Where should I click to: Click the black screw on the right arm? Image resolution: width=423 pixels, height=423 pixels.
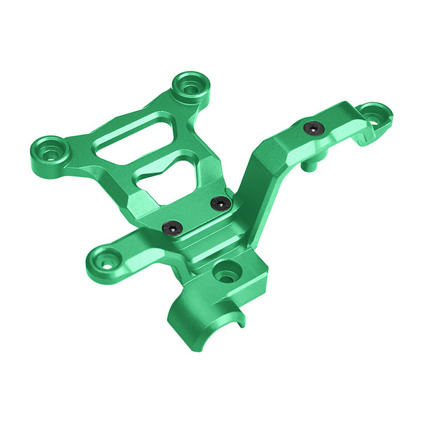click(313, 128)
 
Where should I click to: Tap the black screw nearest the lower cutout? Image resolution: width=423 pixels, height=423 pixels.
click(221, 203)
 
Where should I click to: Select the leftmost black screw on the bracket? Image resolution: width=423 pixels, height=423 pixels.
click(172, 228)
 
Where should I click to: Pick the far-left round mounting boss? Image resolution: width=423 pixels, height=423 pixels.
click(49, 151)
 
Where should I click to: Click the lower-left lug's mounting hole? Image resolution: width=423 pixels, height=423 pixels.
click(106, 264)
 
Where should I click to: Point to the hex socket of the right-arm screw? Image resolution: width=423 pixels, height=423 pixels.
click(313, 128)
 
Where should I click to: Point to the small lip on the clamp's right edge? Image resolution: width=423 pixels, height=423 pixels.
click(240, 321)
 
